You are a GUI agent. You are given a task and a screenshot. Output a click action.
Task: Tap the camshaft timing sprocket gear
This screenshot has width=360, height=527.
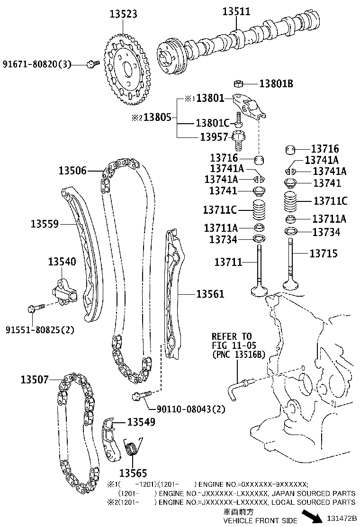(x=125, y=69)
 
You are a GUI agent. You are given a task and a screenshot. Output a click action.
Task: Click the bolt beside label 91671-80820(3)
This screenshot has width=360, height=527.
(x=92, y=64)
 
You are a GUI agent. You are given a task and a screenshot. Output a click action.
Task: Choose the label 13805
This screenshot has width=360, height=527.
(x=159, y=117)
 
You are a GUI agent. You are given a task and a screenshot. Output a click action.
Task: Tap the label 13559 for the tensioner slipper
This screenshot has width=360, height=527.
(x=45, y=223)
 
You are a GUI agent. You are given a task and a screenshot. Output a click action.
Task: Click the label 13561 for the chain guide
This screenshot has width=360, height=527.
(x=210, y=294)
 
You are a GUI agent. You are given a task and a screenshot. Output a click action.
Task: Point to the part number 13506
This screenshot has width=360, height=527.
(x=73, y=170)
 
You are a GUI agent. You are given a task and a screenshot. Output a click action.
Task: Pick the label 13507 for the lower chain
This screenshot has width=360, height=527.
(x=35, y=379)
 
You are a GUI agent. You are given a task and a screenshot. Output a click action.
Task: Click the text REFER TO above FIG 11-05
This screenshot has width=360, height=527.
(x=232, y=336)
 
